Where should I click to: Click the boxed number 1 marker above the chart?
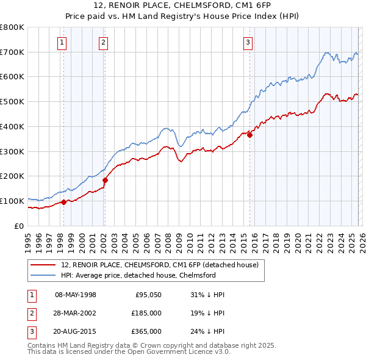63,42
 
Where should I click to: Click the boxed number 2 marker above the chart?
104,42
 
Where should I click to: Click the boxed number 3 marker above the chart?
248,42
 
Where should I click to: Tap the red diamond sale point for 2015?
250,135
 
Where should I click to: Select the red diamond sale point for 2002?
105,180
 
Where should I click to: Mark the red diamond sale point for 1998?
63,202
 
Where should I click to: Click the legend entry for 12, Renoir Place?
160,265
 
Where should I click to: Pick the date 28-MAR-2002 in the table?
76,313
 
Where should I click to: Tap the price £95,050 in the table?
148,295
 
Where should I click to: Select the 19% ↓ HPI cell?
207,313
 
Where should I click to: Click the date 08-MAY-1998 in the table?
76,295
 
